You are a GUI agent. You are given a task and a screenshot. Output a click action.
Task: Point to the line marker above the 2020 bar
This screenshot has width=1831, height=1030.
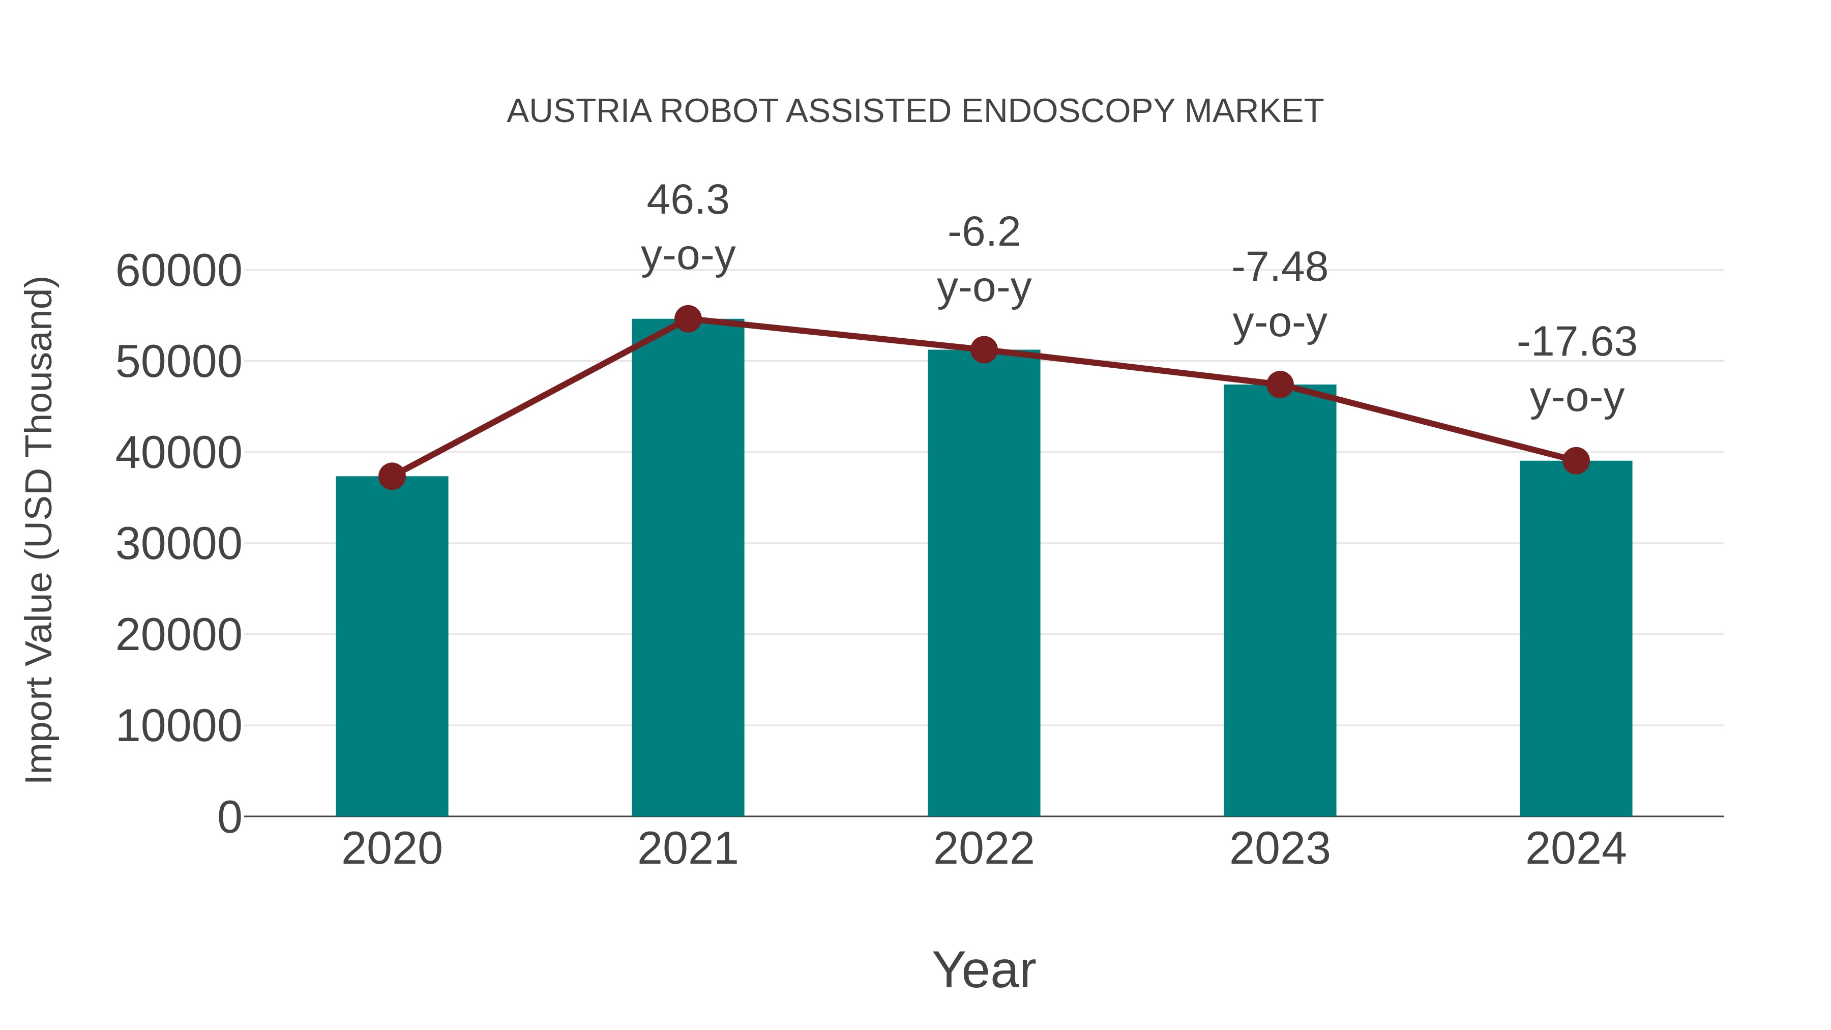coord(392,476)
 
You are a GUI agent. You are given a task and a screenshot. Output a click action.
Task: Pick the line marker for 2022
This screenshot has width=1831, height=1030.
coord(984,350)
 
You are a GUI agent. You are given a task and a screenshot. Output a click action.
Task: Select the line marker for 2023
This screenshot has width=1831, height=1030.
coord(1280,385)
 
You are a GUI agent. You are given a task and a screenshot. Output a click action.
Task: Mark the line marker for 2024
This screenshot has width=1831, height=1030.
coord(1575,461)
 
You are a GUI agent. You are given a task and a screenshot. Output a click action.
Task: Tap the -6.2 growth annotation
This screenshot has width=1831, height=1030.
coord(984,232)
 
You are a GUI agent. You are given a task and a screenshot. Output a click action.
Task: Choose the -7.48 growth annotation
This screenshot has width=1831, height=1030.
coord(1280,268)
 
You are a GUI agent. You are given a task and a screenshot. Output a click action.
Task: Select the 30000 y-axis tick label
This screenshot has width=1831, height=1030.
coord(179,544)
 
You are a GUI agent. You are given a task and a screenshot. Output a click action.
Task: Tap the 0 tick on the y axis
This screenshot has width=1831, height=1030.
coord(229,817)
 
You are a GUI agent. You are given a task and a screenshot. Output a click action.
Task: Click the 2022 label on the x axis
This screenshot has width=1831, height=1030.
coord(984,849)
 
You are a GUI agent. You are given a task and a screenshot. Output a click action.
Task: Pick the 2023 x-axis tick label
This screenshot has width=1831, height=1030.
coord(1280,849)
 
